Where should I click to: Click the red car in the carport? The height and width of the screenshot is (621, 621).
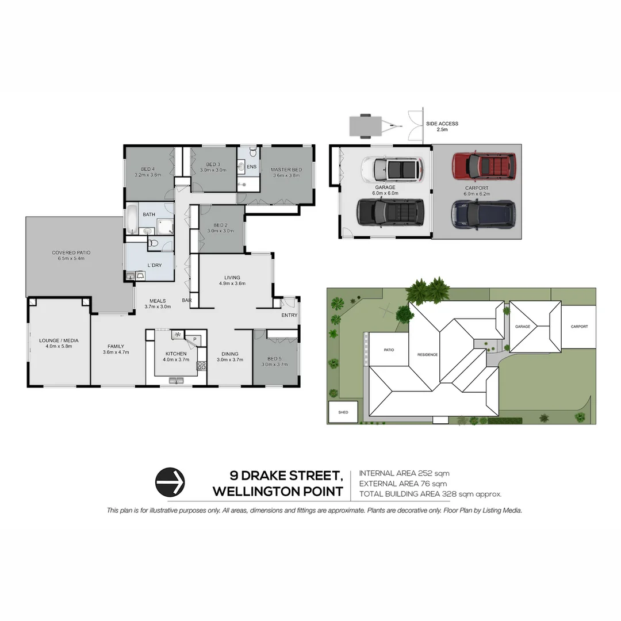[484, 166]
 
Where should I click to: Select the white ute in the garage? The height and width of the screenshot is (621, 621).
[392, 168]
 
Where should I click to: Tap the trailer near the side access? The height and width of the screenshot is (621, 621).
[365, 125]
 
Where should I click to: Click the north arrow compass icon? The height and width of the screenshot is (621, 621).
[170, 481]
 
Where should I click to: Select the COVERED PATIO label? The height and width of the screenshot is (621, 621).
[71, 252]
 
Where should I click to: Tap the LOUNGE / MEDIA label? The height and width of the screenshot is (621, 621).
[58, 340]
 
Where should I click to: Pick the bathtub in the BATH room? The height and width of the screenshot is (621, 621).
[132, 219]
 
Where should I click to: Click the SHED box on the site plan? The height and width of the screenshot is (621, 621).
[343, 412]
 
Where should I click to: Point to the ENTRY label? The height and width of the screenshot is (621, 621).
[289, 315]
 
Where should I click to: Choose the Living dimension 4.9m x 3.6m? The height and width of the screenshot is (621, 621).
[232, 283]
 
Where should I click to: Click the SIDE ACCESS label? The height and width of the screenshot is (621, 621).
[442, 124]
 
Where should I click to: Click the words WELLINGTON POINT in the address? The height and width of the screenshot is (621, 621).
[278, 492]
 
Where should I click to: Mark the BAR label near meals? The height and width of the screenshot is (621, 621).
[186, 300]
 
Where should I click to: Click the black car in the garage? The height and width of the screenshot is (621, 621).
[390, 212]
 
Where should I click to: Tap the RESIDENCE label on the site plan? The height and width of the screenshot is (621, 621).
[427, 354]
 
